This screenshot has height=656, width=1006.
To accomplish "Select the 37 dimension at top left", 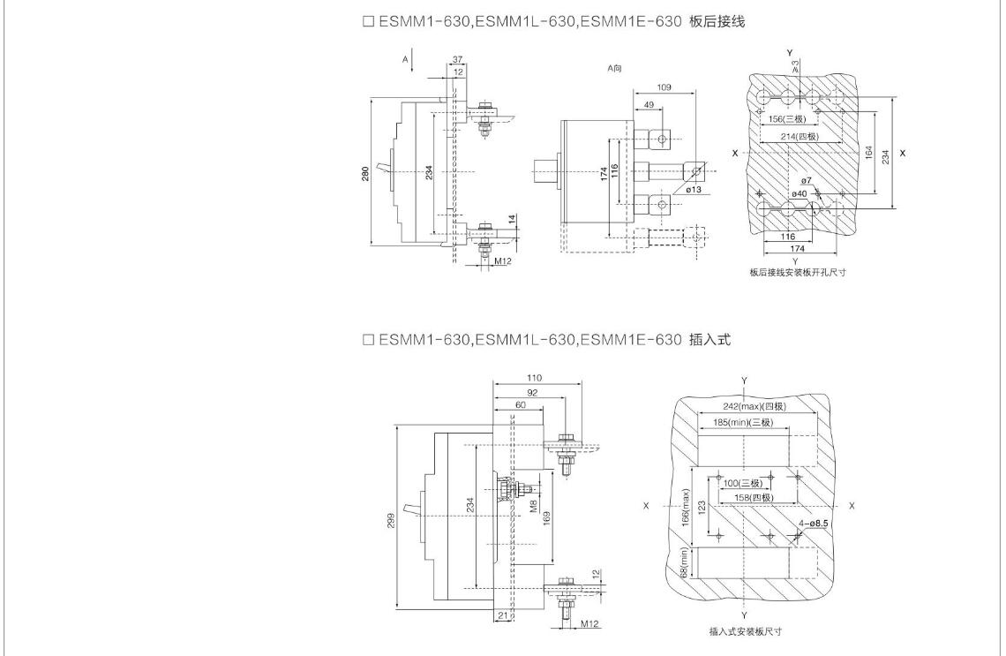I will [x=456, y=60].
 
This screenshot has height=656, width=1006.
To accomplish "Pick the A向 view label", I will [x=615, y=68].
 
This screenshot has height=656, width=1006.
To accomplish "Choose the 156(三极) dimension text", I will [x=787, y=119].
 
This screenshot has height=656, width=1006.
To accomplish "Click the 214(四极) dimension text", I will [x=800, y=137].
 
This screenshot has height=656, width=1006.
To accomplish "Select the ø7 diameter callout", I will [x=807, y=180].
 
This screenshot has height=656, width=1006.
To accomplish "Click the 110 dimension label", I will [x=535, y=378].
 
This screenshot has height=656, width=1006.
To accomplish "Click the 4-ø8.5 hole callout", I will [x=814, y=524].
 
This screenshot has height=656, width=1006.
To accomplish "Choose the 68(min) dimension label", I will [x=684, y=562].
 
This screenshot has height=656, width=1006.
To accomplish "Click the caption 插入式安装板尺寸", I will [x=745, y=631].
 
